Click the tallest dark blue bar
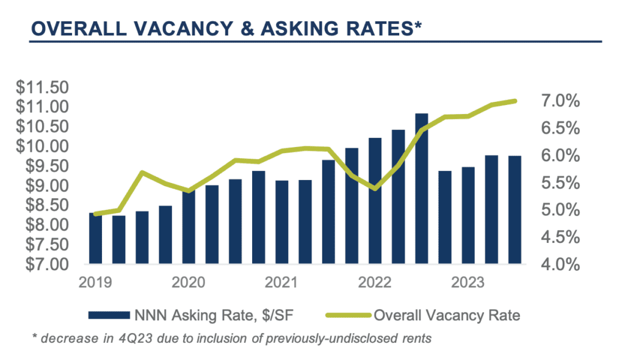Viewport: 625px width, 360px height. [x=421, y=189]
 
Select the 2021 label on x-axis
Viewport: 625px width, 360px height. [x=282, y=283]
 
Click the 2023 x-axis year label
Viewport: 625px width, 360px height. [x=468, y=283]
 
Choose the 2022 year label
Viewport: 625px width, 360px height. [x=375, y=283]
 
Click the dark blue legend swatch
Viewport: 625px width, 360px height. [x=109, y=315]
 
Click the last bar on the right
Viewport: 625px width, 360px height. [x=515, y=211]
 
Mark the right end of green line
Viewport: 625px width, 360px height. [x=515, y=101]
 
